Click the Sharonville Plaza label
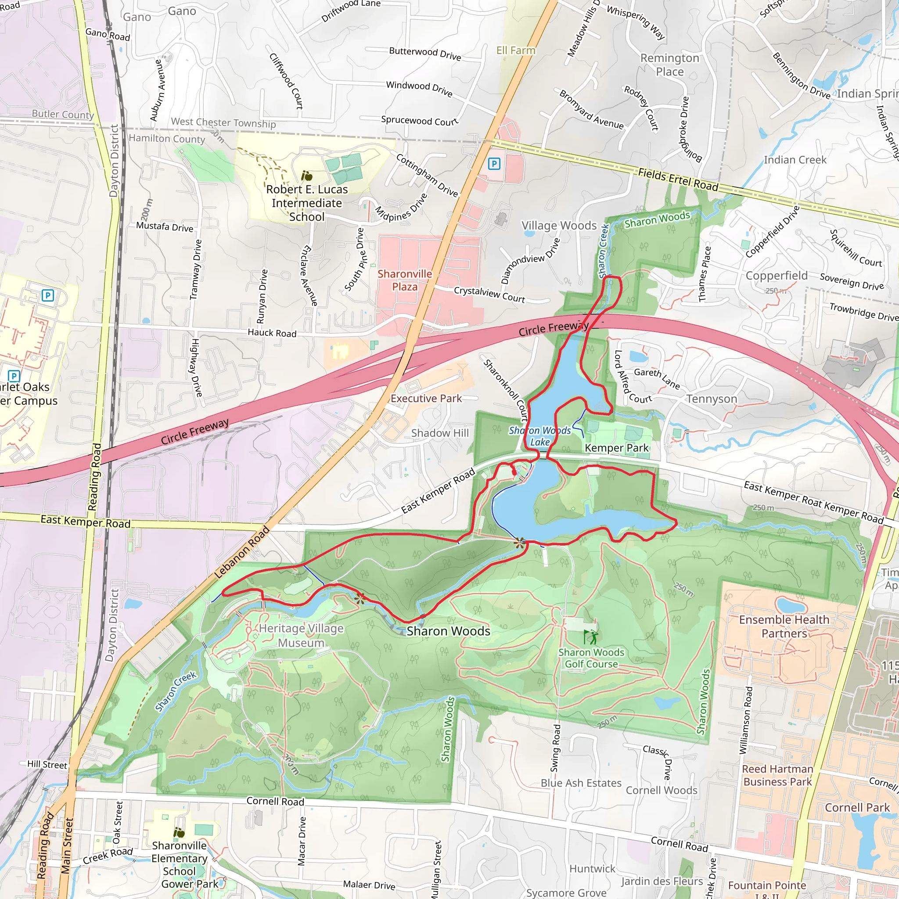point(404,280)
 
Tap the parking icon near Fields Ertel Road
point(494,163)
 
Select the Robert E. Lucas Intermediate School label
point(307,203)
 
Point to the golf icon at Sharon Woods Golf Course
point(590,637)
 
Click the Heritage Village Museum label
point(301,635)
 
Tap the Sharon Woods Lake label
point(540,436)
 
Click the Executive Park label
point(426,398)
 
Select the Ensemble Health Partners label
point(784,626)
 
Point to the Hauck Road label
point(272,333)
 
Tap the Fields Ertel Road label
point(678,180)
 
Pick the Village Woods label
point(559,226)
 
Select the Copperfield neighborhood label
point(777,276)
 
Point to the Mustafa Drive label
point(165,227)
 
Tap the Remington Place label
point(669,65)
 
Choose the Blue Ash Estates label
point(581,783)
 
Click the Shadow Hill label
point(440,433)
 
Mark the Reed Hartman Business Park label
point(777,775)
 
